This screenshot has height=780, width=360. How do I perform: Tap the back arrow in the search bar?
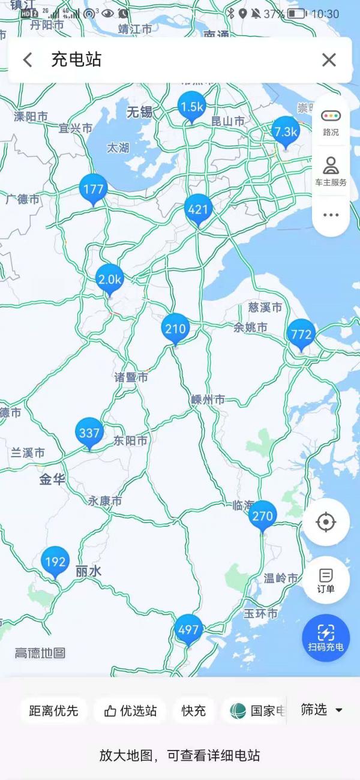(x=28, y=59)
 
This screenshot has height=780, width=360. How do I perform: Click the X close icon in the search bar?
(x=329, y=59)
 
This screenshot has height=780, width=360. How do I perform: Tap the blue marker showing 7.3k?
(x=286, y=132)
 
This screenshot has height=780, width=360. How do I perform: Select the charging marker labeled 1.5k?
(x=191, y=107)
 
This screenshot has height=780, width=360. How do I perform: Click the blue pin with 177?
(x=94, y=189)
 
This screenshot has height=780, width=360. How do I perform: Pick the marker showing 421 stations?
(x=198, y=209)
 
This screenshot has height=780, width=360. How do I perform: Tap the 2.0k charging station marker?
(x=110, y=279)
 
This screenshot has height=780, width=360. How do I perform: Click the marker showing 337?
(x=89, y=433)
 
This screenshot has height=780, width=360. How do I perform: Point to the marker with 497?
(x=188, y=630)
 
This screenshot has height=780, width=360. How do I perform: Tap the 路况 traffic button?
(x=331, y=122)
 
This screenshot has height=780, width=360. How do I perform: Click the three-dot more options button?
(x=331, y=215)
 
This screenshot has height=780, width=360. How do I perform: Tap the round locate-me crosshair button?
(x=326, y=523)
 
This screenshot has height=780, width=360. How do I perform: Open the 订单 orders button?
(x=326, y=580)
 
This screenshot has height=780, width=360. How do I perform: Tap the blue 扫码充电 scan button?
(x=326, y=638)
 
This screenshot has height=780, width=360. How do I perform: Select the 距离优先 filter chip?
(x=53, y=711)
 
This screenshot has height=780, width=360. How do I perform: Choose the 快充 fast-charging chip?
(x=194, y=711)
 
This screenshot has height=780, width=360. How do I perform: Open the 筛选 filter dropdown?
(x=322, y=710)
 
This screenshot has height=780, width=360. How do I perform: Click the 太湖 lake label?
(x=118, y=148)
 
